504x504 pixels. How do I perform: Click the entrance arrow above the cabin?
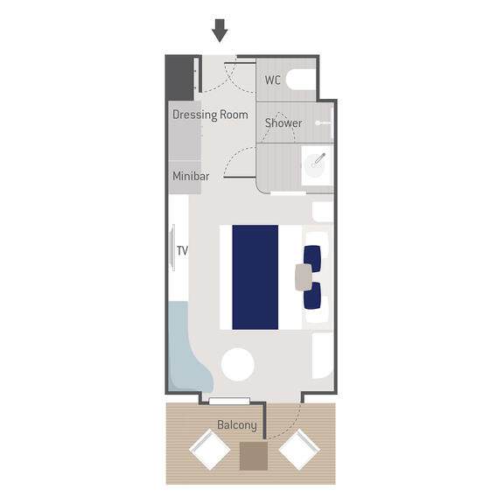pos(220,31)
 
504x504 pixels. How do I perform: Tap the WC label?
pos(273,80)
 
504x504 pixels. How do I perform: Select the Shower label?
pos(283,122)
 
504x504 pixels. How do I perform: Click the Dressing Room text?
pos(210,115)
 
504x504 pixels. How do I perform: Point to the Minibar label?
pos(191,176)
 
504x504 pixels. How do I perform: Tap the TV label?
pos(182,250)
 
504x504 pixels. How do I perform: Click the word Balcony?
pos(237,425)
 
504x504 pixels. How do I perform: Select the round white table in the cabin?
pos(238,365)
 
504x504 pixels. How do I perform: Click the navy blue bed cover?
pos(255,277)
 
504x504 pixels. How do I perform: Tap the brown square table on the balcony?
pos(254,456)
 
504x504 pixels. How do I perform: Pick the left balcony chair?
pos(210,450)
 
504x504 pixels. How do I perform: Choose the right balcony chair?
pos(299,450)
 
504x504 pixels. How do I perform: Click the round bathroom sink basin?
pos(315,165)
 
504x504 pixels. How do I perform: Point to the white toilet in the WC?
pos(301,80)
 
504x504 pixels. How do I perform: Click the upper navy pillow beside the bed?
pos(312,258)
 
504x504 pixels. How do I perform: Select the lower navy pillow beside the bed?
pos(312,296)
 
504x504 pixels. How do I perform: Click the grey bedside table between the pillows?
pos(304,277)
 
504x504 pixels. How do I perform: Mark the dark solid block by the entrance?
pos(179,78)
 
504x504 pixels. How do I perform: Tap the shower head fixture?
pos(323,122)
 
